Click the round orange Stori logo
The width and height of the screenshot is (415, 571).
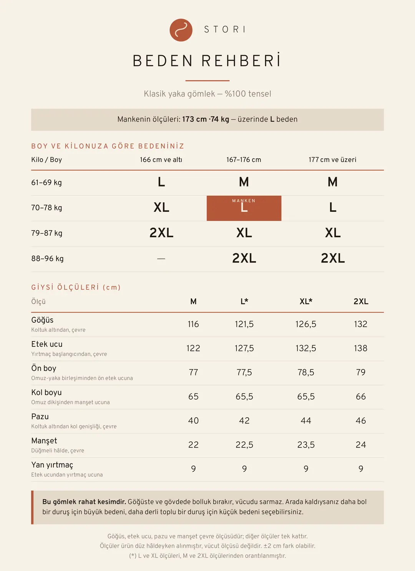(x=181, y=30)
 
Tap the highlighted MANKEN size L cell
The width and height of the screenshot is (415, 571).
(x=244, y=208)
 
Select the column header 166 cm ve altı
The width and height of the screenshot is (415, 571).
(x=161, y=160)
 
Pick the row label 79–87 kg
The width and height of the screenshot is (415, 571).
(x=46, y=233)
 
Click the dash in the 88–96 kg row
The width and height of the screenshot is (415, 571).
(x=161, y=258)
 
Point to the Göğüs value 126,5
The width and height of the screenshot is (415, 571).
(x=306, y=324)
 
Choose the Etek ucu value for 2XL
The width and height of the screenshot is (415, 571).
(x=360, y=348)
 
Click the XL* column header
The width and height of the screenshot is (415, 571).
(x=306, y=301)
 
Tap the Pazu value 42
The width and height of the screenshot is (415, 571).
(x=244, y=420)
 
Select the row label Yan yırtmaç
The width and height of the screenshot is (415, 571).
(x=52, y=465)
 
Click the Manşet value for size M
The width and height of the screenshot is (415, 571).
(x=193, y=444)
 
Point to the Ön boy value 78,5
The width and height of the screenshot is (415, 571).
(x=306, y=372)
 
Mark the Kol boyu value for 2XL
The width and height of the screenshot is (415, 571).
(x=360, y=396)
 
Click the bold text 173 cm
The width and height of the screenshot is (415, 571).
(x=194, y=119)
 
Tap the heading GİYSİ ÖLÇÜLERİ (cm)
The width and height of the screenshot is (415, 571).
(x=76, y=287)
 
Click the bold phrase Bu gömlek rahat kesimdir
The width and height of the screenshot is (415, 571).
(x=84, y=502)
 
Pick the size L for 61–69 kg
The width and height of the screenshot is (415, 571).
(x=161, y=182)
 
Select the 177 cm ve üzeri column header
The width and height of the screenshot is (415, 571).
(x=332, y=160)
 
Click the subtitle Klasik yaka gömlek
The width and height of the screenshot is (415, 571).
(x=179, y=94)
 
